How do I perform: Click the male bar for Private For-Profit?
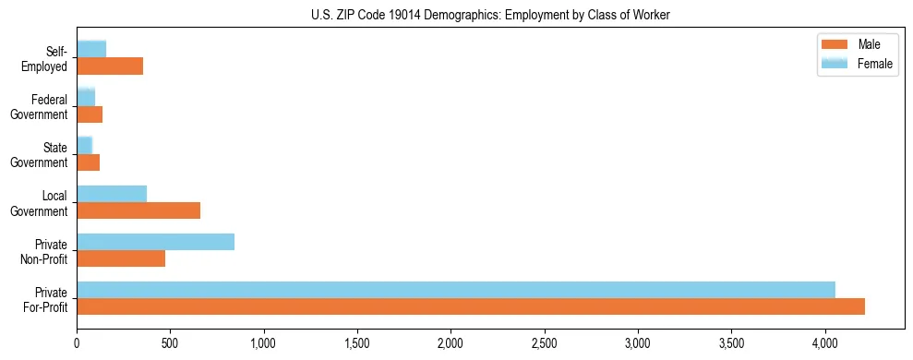471,306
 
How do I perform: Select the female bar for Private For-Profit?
456,290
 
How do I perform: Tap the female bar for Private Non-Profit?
155,242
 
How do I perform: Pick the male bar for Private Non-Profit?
121,258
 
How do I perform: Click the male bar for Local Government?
138,210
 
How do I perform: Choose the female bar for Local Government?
112,194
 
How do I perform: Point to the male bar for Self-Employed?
110,66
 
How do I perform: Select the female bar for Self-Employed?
91,49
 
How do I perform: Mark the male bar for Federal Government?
90,114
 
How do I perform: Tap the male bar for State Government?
88,162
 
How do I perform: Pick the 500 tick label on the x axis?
170,343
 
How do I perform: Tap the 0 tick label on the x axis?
77,343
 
